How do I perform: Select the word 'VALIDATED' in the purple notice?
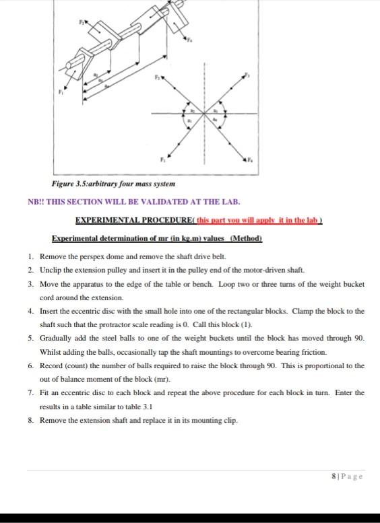(156, 202)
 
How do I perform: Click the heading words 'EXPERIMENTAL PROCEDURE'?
(125, 220)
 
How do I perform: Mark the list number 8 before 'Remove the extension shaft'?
(31, 420)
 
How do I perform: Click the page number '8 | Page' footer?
(348, 475)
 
